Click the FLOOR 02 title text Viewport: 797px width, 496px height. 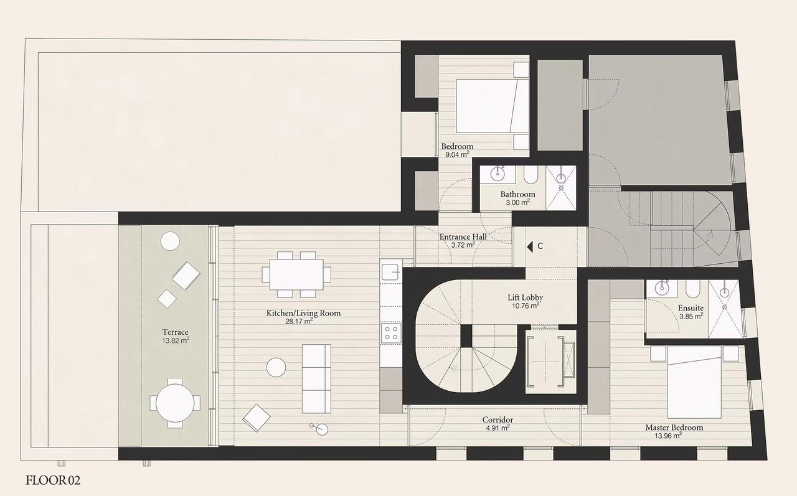(54, 480)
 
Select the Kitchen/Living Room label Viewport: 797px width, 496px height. (304, 313)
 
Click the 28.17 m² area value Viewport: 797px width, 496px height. (299, 322)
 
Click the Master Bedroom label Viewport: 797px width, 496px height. (674, 428)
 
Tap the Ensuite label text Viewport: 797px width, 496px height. (691, 307)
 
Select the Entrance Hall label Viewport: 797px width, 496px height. (463, 236)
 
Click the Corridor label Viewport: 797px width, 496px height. (498, 420)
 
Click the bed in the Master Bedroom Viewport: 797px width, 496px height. (695, 381)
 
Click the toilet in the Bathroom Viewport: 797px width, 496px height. (531, 176)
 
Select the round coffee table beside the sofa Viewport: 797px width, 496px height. (276, 367)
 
